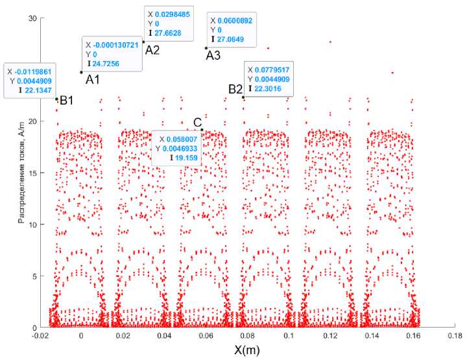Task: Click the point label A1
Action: [93, 79]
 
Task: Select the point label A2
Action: [152, 50]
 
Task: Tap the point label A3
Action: [213, 56]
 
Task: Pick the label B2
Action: [235, 89]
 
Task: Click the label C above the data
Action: [198, 123]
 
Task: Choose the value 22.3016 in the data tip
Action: [270, 88]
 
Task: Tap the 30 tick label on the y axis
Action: [30, 18]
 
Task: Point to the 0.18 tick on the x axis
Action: [454, 336]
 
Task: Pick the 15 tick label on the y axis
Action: [30, 173]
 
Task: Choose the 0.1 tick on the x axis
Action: [287, 336]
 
